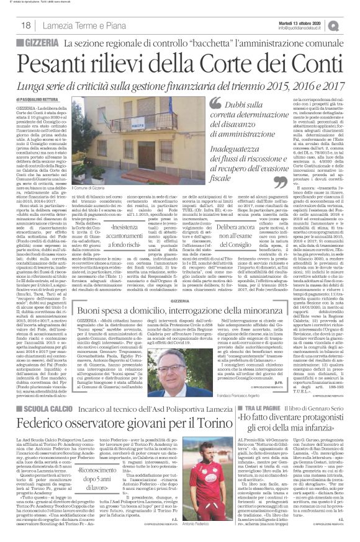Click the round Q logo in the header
(351, 25)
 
